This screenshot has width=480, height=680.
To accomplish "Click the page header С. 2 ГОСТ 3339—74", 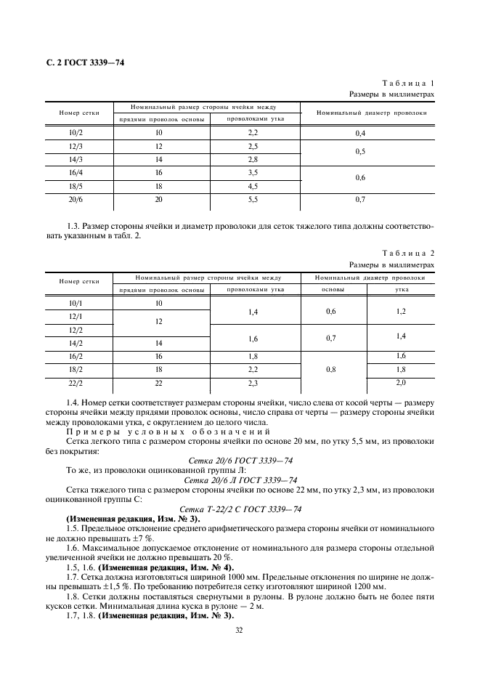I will coord(81,62).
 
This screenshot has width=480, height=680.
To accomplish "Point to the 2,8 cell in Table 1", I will coord(253,159).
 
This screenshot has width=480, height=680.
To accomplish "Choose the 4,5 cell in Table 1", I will coord(253,185).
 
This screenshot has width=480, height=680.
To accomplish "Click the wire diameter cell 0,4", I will coord(360,134).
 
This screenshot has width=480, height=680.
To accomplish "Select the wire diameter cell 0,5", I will coord(360,153).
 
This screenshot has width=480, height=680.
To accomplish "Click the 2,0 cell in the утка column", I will coord(400,382).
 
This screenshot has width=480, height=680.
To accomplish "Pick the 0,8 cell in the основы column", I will coord(331,369).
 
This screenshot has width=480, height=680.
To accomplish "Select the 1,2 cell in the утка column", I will coord(400,310).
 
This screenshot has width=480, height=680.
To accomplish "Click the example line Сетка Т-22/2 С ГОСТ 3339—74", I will coord(240,509).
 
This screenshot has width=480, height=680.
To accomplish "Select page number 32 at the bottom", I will coord(239,630).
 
